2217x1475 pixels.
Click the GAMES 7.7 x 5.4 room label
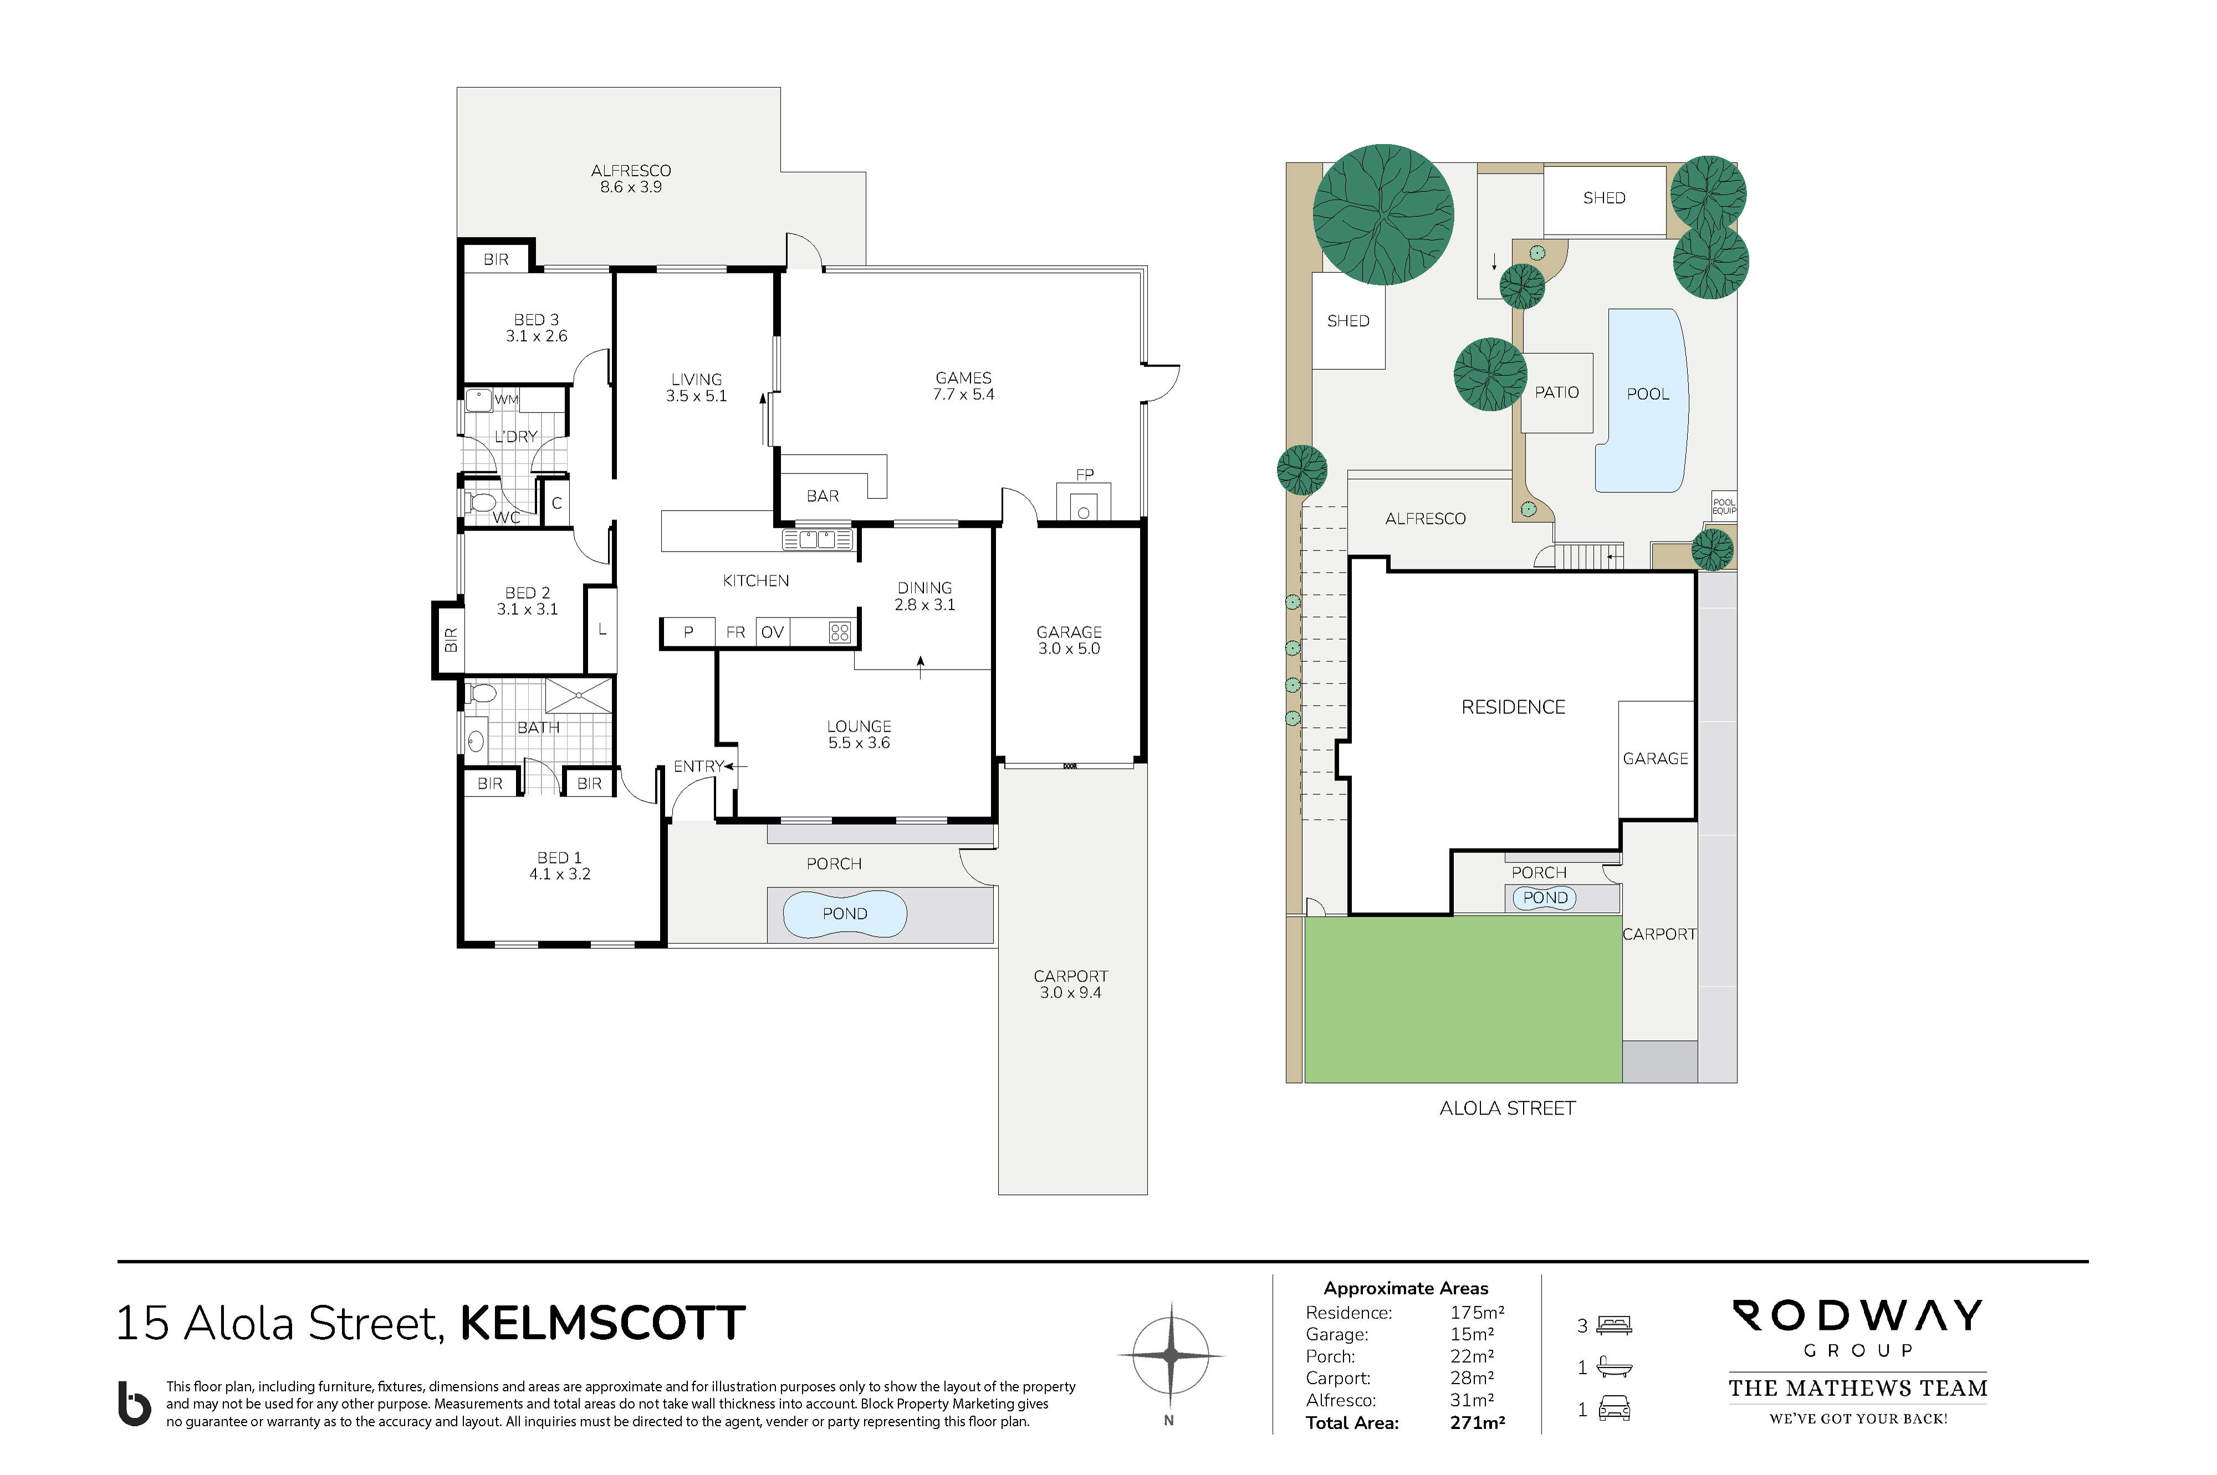tap(963, 386)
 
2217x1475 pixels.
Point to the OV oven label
tap(772, 632)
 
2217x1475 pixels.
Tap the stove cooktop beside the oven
tap(840, 632)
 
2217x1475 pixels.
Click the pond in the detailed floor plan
tap(845, 913)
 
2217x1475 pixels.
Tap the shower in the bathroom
tap(579, 696)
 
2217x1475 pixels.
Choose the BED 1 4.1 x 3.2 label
tap(560, 865)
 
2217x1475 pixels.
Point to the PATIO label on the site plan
tap(1557, 392)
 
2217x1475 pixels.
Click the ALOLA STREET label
tap(1507, 1108)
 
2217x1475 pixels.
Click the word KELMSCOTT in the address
tap(602, 1324)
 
